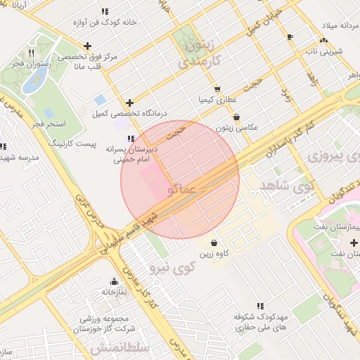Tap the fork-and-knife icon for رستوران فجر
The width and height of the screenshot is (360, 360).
30,53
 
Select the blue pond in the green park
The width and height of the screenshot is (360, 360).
34,81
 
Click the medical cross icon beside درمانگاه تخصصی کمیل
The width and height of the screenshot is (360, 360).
129,103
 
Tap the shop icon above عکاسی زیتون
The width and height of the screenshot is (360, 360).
236,117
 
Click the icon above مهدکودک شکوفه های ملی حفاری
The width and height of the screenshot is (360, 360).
259,306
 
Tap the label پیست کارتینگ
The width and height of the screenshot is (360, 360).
65,143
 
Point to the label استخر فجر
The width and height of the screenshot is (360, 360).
49,124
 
